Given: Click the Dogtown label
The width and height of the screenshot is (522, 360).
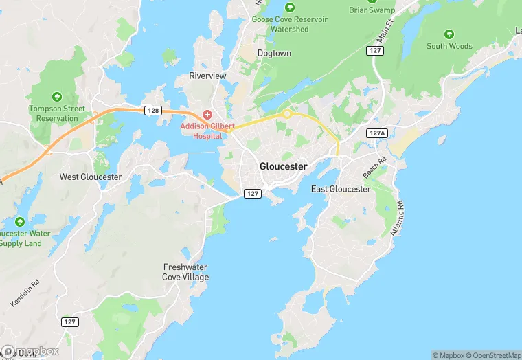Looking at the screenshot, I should pos(274,53).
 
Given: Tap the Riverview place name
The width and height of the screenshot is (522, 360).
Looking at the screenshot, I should pos(207,76).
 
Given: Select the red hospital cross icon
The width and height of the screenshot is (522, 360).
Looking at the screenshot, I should pos(207,114).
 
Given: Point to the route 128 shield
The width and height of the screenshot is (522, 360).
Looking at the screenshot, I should pos(152,110).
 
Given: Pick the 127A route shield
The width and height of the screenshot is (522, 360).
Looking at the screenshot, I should pos(376,133).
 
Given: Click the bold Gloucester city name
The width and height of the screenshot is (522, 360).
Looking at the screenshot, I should pos(283,166).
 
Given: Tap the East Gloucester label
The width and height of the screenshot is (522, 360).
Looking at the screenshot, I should pos(341,189).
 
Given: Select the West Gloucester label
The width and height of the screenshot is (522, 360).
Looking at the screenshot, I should pos(91,177).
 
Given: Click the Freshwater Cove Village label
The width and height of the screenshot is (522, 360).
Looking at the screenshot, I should pos(185,272).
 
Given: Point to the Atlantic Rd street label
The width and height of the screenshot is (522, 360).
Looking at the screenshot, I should pos(397,218).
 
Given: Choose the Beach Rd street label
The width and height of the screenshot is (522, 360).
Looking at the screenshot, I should pos(375,168).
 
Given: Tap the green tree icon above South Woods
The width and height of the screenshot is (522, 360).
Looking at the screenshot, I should pos(449,34).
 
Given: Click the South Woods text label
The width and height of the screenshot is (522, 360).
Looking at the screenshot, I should pos(449,46).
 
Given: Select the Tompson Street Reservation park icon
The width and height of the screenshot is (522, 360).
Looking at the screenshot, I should pos(57,96).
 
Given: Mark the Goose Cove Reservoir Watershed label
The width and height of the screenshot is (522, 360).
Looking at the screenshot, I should pos(290,24).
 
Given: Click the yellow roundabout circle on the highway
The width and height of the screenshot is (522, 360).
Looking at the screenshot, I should pos(286,114).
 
